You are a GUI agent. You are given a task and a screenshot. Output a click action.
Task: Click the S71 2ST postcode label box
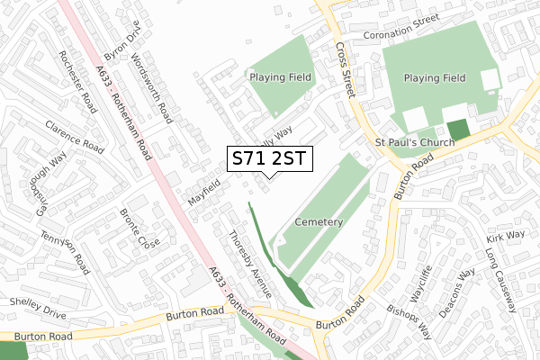coord(269,159)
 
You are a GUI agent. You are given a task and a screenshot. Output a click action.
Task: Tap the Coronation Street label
coord(400,37)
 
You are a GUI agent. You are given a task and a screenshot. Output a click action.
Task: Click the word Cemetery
coord(318,221)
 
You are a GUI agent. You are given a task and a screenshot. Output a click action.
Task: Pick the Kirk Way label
coord(505,236)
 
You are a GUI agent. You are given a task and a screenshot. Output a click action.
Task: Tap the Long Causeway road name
coord(500,282)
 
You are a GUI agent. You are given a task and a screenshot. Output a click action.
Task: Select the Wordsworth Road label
coord(150,87)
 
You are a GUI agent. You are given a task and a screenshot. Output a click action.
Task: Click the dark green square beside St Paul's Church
coord(459,130)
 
